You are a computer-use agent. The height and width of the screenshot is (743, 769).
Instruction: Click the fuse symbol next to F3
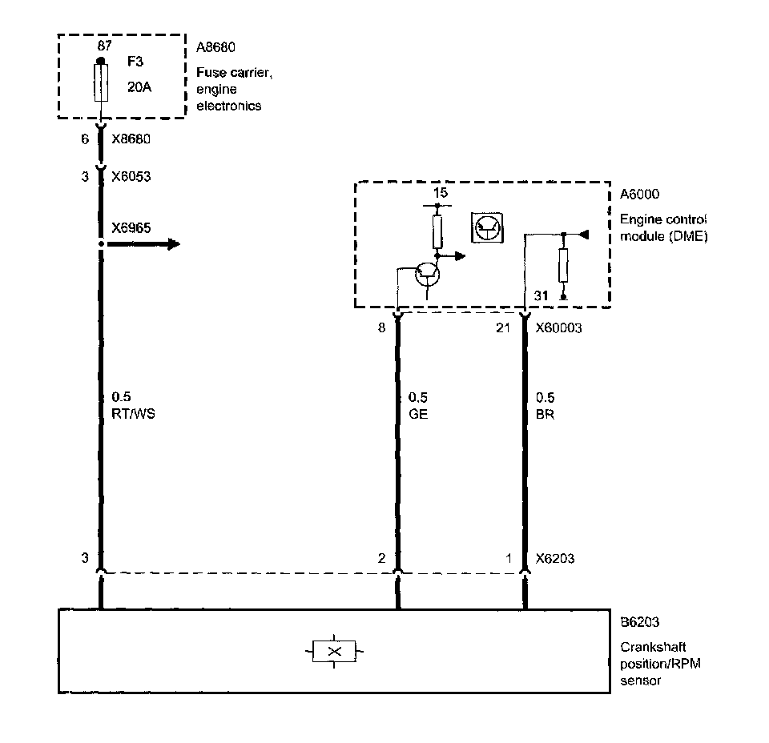coord(100,83)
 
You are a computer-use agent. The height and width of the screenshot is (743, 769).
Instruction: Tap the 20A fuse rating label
coord(139,86)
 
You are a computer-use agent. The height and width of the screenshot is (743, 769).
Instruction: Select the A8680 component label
coord(216,48)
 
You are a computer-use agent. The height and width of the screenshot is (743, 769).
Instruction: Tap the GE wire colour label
coord(418,415)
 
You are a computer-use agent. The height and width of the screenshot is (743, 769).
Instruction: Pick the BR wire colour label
coord(545,415)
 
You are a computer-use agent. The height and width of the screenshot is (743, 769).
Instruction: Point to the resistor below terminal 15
coord(437,231)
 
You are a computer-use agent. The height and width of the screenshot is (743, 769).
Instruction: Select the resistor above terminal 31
coord(563,264)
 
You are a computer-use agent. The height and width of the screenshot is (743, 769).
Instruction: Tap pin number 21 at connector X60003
coord(504,327)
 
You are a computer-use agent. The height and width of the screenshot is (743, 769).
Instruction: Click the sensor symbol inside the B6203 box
coord(335,652)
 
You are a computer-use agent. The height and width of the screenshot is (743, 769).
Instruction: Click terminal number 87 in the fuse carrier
coord(105,46)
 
